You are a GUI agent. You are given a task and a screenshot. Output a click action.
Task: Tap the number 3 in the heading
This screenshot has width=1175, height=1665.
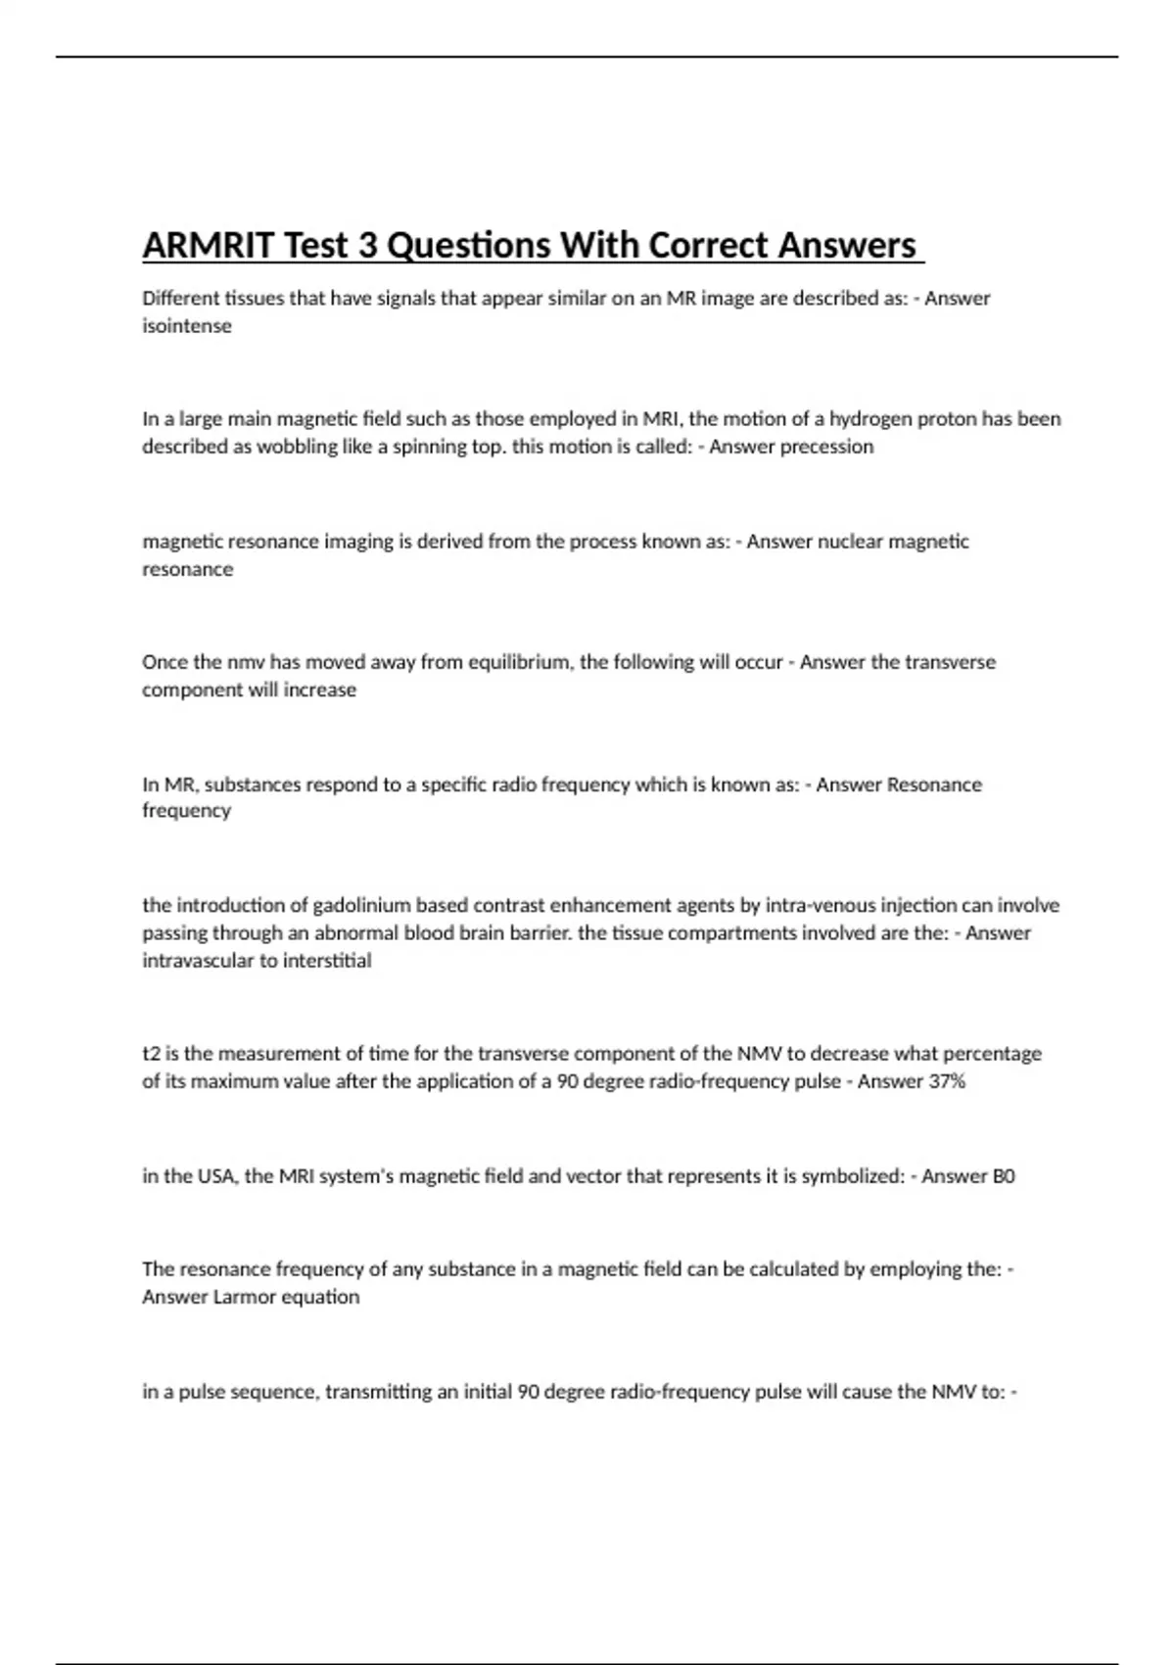pos(367,245)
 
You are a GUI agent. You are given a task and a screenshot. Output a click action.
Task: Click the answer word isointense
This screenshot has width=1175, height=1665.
pos(187,326)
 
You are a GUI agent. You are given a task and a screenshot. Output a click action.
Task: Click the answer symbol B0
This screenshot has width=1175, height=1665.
pos(1004,1176)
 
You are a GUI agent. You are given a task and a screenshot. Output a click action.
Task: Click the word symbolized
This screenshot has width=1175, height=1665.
pos(852,1176)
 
